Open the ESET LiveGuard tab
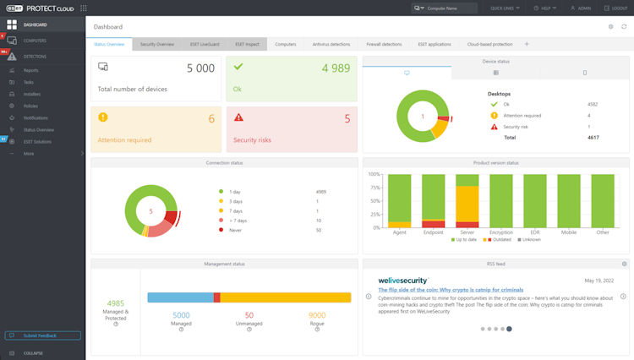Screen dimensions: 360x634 pyautogui.click(x=204, y=44)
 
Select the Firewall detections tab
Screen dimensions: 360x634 pyautogui.click(x=384, y=44)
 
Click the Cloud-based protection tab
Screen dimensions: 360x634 pyautogui.click(x=489, y=44)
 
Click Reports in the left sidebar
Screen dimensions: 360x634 pyautogui.click(x=31, y=70)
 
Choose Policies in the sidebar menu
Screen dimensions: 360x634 pyautogui.click(x=30, y=106)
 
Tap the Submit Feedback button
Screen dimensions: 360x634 pyautogui.click(x=42, y=335)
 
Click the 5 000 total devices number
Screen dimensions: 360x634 pyautogui.click(x=200, y=68)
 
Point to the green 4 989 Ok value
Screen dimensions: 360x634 pyautogui.click(x=336, y=68)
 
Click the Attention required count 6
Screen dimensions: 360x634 pyautogui.click(x=211, y=119)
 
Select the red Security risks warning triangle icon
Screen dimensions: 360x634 pyautogui.click(x=238, y=117)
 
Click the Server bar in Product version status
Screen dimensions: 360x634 pyautogui.click(x=467, y=201)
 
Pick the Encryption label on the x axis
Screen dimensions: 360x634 pyautogui.click(x=500, y=232)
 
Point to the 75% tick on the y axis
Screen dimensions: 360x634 pyautogui.click(x=374, y=188)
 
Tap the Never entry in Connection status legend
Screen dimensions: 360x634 pyautogui.click(x=234, y=230)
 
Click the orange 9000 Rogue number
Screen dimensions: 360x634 pyautogui.click(x=317, y=315)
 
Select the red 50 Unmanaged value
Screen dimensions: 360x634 pyautogui.click(x=249, y=315)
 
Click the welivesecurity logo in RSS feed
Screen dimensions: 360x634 pyautogui.click(x=402, y=280)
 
